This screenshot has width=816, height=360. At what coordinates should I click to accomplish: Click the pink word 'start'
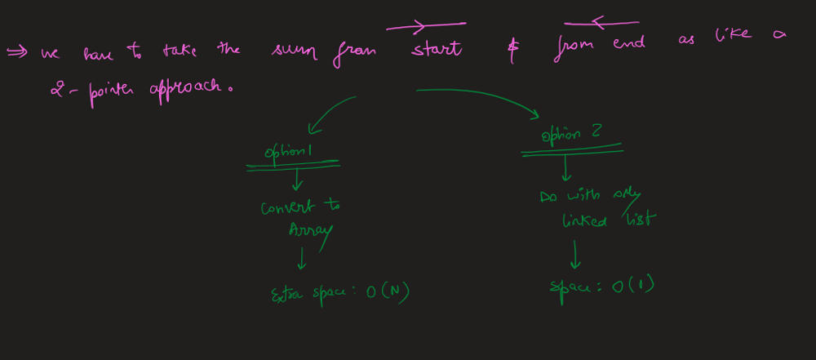(437, 50)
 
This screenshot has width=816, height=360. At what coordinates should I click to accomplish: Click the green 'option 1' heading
(289, 153)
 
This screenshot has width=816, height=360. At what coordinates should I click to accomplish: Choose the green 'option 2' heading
(572, 136)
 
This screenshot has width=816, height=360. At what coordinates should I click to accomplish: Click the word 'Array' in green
(310, 231)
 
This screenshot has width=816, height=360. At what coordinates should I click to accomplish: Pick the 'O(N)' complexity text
(387, 293)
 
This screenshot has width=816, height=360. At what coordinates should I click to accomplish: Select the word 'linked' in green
(584, 220)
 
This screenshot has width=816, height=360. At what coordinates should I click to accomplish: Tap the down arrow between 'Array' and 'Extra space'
(303, 259)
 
